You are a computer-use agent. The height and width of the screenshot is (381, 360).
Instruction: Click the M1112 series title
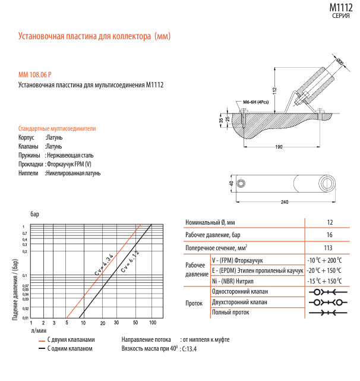341,8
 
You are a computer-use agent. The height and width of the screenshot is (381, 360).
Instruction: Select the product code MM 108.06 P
35,75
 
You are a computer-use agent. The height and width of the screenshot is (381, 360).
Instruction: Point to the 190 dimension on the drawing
279,147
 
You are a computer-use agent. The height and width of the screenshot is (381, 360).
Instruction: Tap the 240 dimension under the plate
285,202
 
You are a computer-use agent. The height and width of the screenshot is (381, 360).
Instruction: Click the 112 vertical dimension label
274,91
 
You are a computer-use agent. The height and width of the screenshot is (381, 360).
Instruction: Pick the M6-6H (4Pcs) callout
256,102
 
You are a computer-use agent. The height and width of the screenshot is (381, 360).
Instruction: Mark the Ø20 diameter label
340,61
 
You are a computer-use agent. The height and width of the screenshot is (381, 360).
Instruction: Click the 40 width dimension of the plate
232,183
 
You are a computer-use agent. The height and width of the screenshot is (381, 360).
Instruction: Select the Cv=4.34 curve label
104,265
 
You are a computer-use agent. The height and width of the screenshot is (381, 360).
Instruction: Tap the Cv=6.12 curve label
130,262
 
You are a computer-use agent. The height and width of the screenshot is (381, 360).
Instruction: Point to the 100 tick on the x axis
153,323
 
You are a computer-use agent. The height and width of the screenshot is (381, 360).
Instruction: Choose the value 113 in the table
328,248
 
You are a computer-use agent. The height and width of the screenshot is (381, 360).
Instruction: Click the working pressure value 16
329,235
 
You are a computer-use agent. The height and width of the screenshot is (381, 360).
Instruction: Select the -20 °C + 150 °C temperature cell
324,270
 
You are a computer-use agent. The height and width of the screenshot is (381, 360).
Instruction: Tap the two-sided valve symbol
328,303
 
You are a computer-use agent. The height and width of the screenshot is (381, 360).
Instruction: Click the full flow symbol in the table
328,313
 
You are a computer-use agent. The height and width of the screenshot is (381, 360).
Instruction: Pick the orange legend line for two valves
42,341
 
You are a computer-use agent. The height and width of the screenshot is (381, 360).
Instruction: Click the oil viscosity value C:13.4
189,349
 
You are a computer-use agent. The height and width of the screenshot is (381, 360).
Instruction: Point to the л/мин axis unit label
39,330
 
